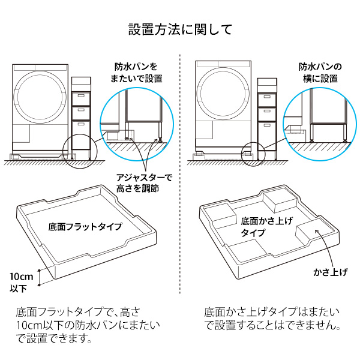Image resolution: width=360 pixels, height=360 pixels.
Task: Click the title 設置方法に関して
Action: point(180,29)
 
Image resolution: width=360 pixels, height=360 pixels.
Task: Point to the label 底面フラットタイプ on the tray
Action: point(85,227)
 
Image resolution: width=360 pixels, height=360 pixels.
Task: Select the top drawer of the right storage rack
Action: point(266,97)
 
